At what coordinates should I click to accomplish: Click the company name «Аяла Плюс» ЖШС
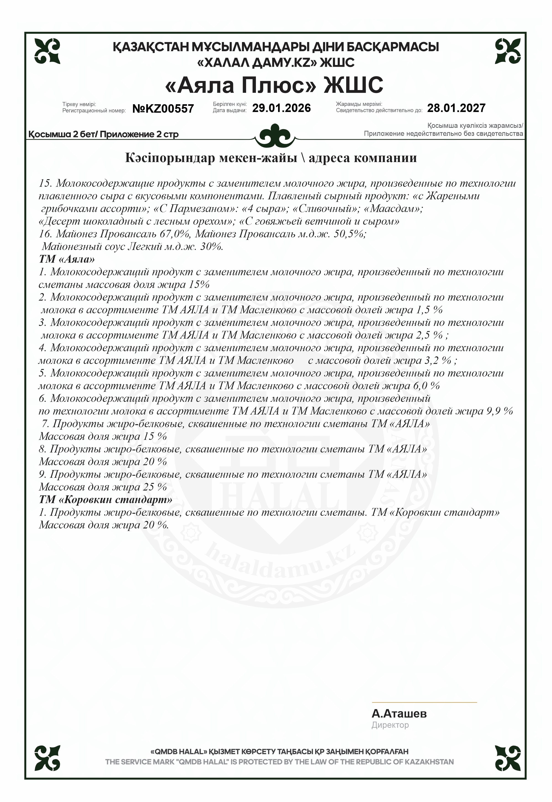(x=274, y=85)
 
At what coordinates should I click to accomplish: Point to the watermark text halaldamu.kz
(x=281, y=568)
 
